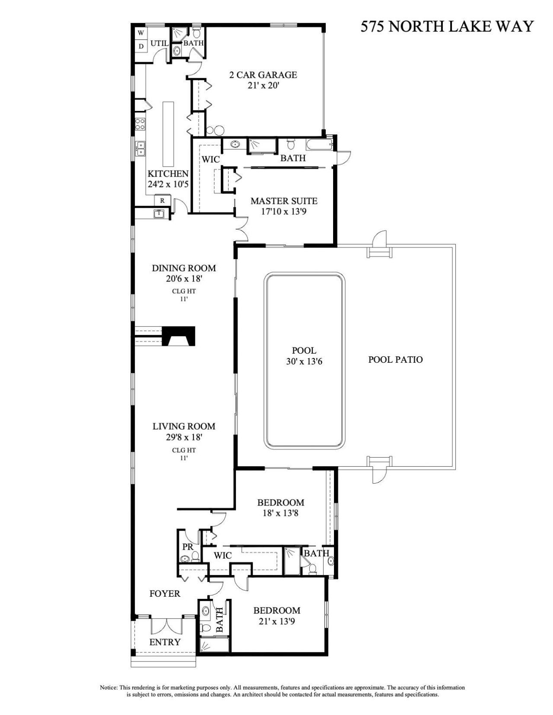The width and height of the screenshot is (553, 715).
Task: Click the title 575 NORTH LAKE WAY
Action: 447,27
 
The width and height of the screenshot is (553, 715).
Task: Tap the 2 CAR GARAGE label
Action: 263,80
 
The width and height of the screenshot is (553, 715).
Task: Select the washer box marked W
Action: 141,33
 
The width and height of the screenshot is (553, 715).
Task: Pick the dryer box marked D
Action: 141,46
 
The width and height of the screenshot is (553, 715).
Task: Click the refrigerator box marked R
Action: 162,200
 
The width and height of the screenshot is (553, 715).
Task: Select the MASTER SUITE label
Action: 284,206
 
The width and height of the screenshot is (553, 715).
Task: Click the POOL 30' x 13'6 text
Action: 304,356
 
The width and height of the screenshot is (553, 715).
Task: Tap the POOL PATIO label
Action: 395,359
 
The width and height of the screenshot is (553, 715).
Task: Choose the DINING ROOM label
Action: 184,273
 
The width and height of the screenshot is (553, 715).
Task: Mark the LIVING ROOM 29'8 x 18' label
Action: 184,431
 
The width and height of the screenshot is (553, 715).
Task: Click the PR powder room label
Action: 188,547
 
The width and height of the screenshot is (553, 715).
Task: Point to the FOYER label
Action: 165,594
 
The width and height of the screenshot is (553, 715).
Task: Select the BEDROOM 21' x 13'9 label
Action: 276,616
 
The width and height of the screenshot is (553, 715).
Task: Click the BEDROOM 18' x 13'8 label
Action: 280,508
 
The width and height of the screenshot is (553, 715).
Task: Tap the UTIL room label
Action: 159,43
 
